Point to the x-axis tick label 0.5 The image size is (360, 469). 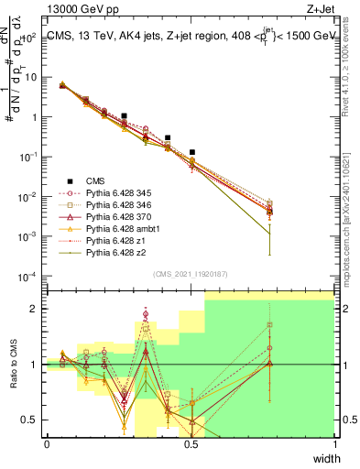click(191, 443)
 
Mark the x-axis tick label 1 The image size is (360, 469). click(334, 443)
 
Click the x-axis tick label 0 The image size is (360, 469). click(47, 443)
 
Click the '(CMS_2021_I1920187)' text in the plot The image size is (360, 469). click(191, 274)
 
